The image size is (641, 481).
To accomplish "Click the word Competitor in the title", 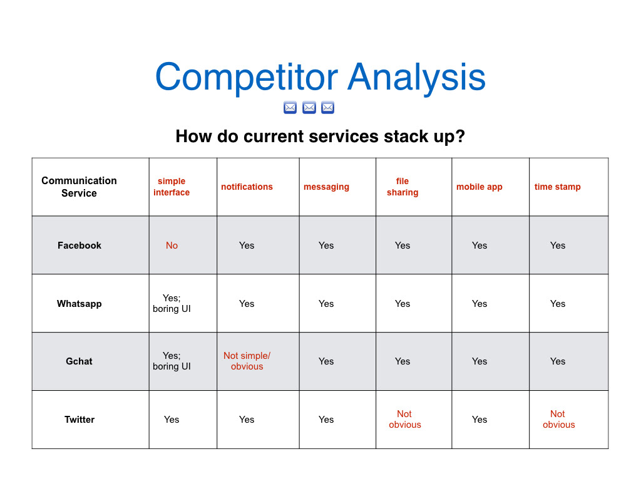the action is [x=247, y=78].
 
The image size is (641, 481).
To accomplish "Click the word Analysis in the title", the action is [x=416, y=78].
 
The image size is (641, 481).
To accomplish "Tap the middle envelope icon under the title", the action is [x=309, y=108].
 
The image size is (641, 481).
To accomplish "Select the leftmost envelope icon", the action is [x=290, y=108].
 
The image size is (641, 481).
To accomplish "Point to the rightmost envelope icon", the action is [x=327, y=108].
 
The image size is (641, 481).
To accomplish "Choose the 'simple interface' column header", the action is [x=172, y=187].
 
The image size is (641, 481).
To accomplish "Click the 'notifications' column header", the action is [x=247, y=187].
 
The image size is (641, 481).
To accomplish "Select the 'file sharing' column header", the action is [x=403, y=187].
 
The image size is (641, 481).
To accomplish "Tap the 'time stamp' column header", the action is [x=558, y=187].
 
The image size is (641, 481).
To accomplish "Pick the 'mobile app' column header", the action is [x=479, y=187].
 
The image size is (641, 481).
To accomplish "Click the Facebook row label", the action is [x=79, y=246].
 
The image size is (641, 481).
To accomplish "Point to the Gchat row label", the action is [x=79, y=361].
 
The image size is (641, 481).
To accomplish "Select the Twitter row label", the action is [x=79, y=420].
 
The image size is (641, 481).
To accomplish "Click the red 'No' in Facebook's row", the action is [x=172, y=246].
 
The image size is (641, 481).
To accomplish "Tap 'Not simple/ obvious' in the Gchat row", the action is [x=247, y=361].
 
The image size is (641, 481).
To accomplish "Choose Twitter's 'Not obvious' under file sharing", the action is [x=405, y=419].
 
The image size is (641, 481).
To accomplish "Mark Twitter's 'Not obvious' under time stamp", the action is [x=558, y=419].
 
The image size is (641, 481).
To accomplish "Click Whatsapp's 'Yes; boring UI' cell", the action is [x=172, y=303].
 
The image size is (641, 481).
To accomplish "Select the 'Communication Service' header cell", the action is [x=79, y=187].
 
